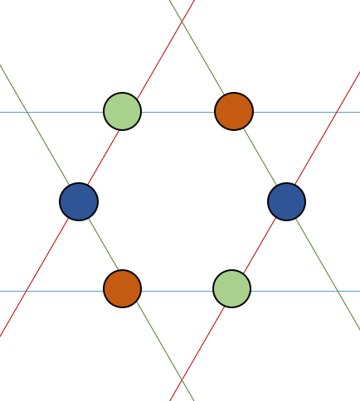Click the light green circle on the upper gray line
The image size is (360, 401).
tap(122, 111)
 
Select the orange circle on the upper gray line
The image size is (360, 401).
tap(234, 111)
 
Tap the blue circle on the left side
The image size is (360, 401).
tap(79, 201)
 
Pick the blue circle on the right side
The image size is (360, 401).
tap(286, 201)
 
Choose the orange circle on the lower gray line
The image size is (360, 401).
tap(122, 288)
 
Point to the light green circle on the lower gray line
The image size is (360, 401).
tap(231, 288)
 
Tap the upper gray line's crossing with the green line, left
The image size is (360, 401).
tap(27, 111)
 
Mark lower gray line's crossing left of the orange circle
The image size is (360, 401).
tap(27, 291)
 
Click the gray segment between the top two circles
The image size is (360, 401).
tap(178, 111)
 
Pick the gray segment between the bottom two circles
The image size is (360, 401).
tap(177, 291)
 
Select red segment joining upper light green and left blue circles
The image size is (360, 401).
tap(100, 157)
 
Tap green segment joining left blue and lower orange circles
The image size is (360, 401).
tap(100, 245)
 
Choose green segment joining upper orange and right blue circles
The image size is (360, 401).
tap(260, 157)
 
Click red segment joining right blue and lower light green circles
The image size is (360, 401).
tap(259, 245)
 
